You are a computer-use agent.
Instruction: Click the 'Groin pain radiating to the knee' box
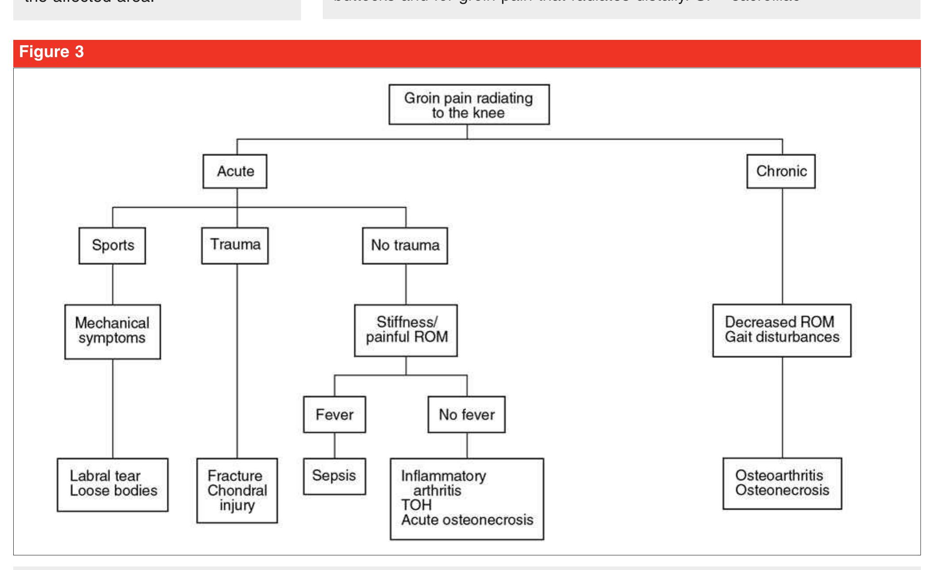(469, 105)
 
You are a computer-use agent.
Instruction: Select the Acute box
(235, 171)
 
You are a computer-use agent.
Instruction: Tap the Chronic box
(781, 171)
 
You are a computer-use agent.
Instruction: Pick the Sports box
(112, 245)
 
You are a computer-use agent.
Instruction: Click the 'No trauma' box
(405, 245)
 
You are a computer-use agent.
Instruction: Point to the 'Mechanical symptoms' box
(112, 331)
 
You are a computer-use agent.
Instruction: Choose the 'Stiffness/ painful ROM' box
(406, 330)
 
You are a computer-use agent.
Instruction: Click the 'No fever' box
(466, 415)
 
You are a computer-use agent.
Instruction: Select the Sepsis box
(334, 476)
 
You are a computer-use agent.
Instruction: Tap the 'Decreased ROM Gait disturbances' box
(782, 330)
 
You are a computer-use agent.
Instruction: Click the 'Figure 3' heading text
(51, 53)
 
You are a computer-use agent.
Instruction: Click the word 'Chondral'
(237, 491)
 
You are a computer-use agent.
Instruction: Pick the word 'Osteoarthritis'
(779, 476)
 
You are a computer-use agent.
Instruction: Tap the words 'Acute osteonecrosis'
(467, 520)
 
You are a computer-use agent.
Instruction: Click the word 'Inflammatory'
(444, 476)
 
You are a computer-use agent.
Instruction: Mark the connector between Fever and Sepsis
(334, 445)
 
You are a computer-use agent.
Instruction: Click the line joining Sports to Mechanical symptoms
(112, 284)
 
